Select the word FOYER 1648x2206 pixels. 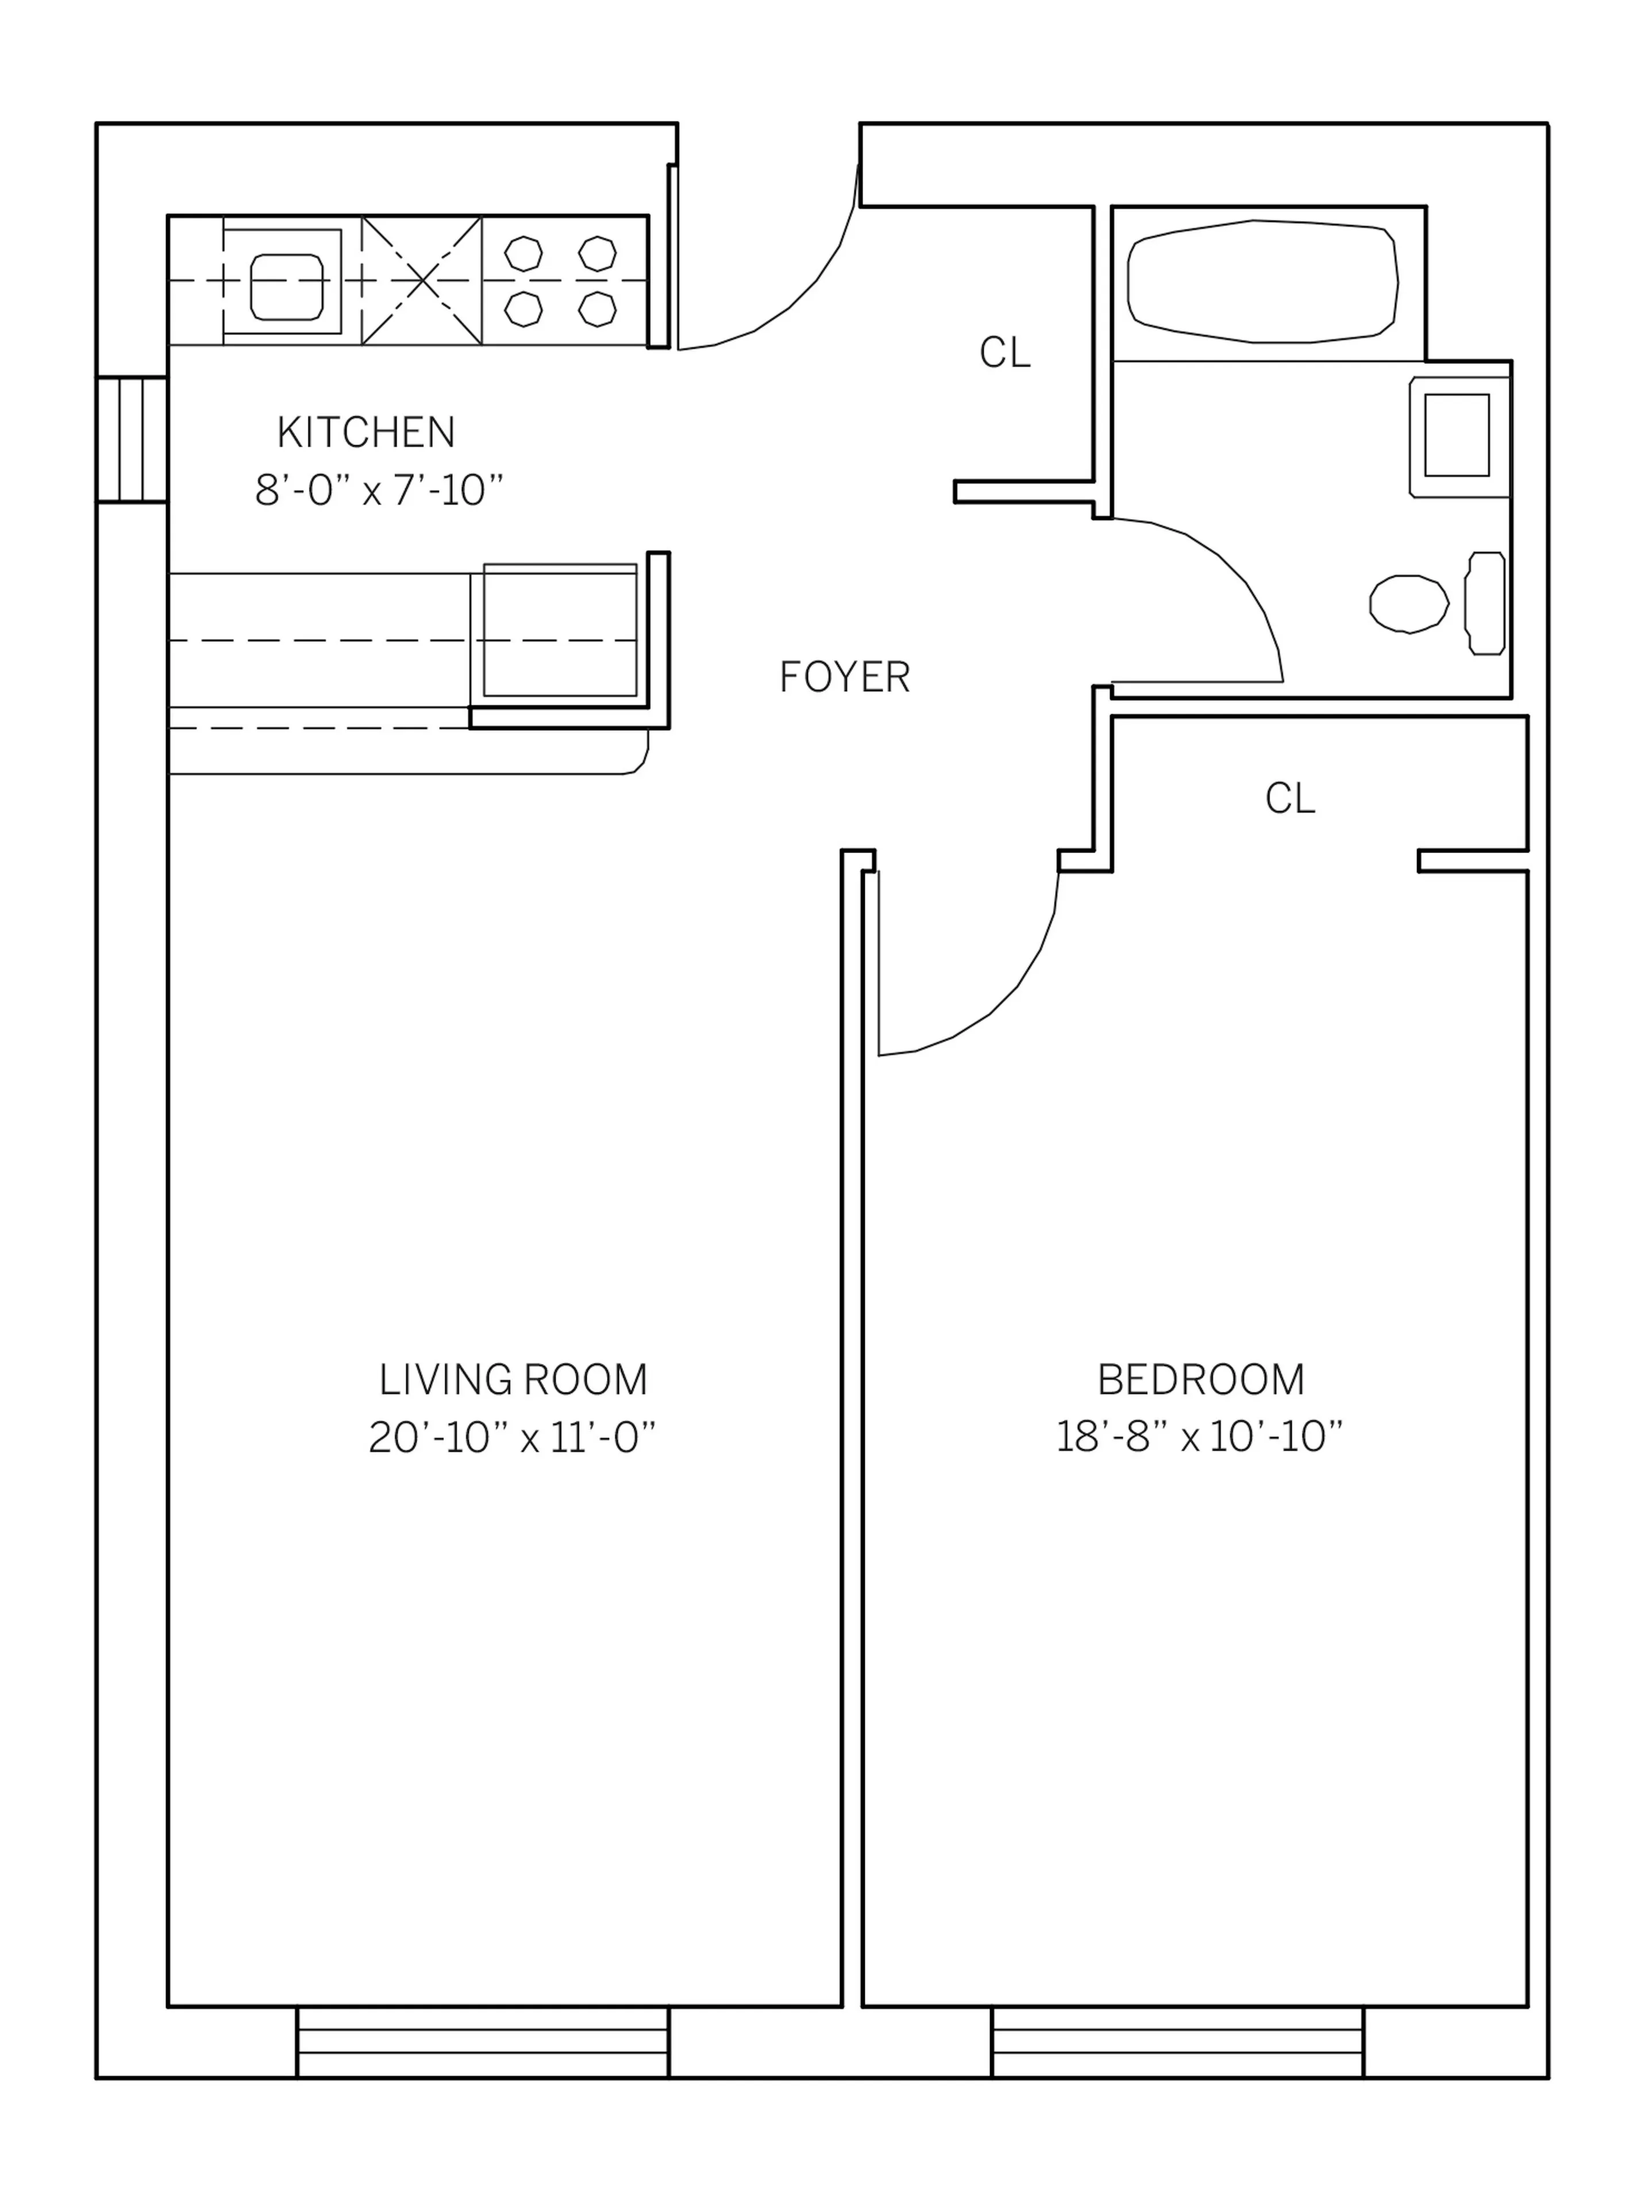pyautogui.click(x=844, y=678)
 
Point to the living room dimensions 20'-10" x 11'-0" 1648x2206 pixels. pyautogui.click(x=512, y=1438)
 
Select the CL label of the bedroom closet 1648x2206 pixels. pyautogui.click(x=1290, y=798)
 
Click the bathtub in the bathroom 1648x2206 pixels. pyautogui.click(x=1262, y=282)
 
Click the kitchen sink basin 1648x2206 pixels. pyautogui.click(x=286, y=286)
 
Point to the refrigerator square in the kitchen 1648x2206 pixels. pyautogui.click(x=560, y=630)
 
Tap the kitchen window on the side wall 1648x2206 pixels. pyautogui.click(x=132, y=440)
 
